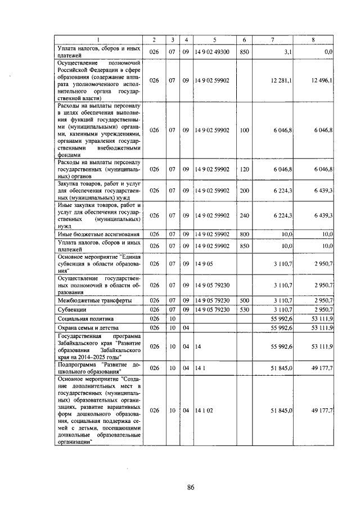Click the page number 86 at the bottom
(191, 487)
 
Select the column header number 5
(214, 39)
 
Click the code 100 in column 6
(244, 130)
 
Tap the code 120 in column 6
(244, 168)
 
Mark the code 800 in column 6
(244, 233)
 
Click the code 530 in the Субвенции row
(244, 309)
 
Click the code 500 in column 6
(244, 300)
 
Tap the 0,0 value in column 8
(328, 52)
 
